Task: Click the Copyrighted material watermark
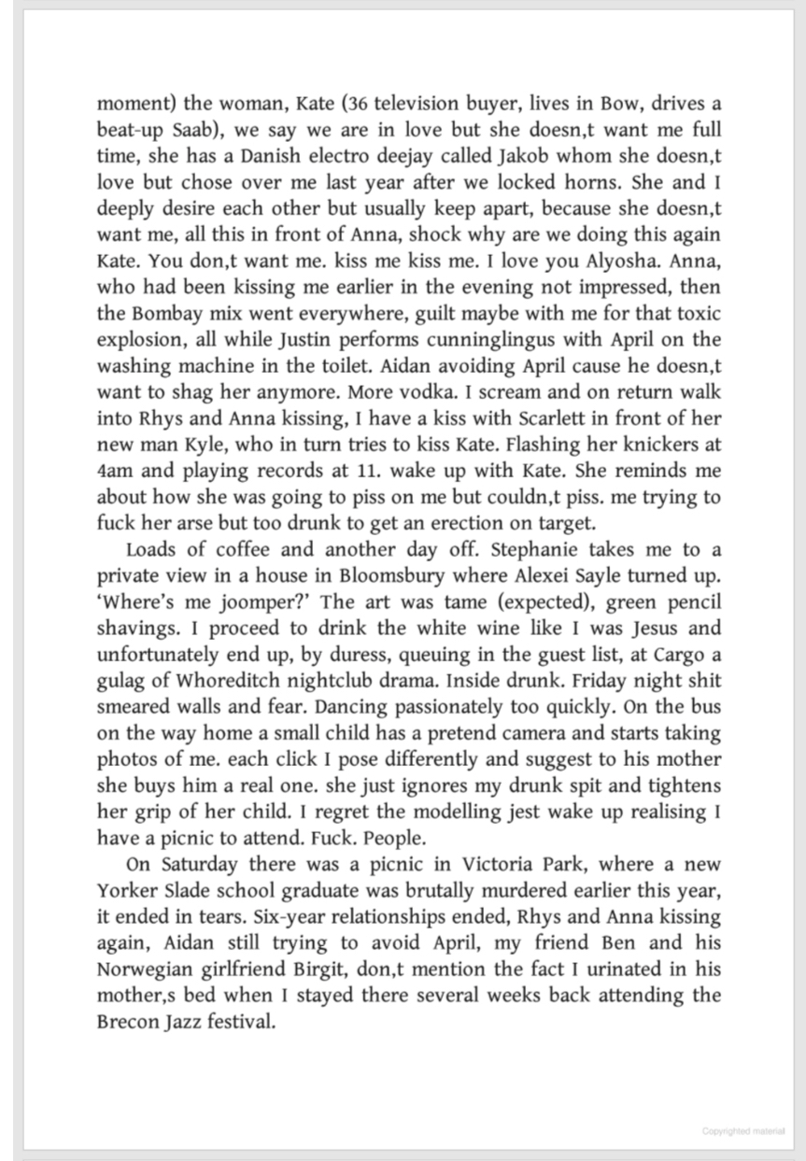743,1131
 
